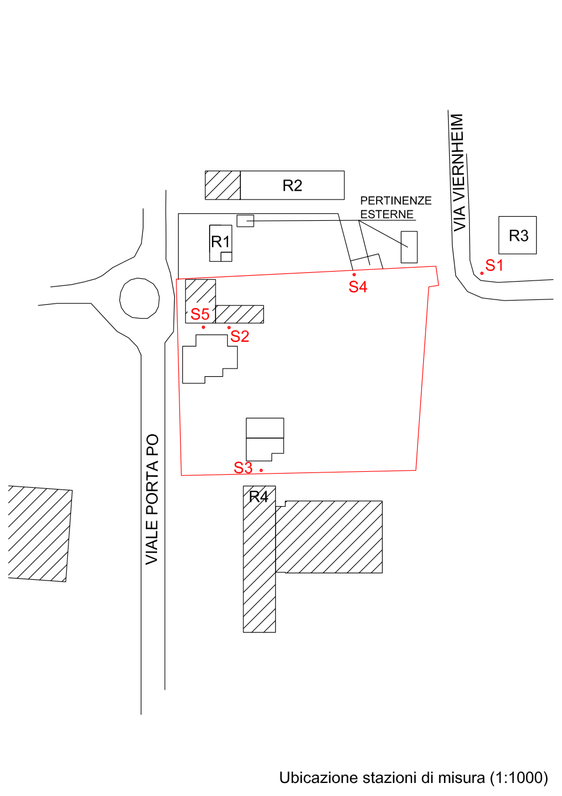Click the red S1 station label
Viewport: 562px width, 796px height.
pos(494,266)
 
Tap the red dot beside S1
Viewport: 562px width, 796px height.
pos(482,273)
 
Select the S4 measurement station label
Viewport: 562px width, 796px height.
pos(358,287)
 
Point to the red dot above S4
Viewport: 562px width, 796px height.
pos(354,275)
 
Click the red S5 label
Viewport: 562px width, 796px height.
pos(200,314)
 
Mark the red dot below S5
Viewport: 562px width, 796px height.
pos(203,327)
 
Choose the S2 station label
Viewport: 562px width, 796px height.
pos(240,336)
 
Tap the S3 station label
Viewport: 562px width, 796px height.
pos(243,468)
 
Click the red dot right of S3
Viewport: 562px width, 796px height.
pos(261,470)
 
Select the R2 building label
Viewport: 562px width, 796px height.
pos(292,185)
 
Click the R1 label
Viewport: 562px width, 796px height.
pos(221,242)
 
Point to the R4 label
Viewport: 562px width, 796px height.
pos(259,497)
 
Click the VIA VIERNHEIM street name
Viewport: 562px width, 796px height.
pos(459,172)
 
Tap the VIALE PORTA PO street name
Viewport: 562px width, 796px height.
pos(152,500)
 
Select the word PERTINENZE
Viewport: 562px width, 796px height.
pos(396,201)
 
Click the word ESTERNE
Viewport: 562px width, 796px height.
pos(387,214)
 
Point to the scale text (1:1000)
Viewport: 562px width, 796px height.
pos(519,778)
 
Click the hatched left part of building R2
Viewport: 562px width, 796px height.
pos(223,185)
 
